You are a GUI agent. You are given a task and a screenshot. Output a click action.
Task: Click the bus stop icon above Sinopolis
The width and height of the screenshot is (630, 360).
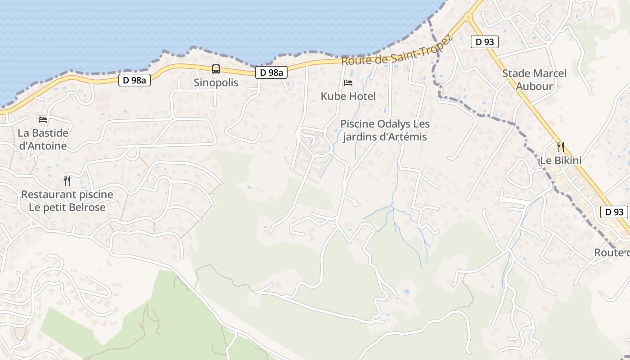216,69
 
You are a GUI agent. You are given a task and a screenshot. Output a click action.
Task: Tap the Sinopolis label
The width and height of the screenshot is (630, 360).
216,83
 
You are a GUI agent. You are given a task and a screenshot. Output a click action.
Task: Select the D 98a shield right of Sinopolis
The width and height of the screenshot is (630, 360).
271,72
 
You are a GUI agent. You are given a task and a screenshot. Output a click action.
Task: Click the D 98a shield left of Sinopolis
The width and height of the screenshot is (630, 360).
134,81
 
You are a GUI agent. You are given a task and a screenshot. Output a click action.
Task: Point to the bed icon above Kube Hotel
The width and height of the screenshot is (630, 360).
348,83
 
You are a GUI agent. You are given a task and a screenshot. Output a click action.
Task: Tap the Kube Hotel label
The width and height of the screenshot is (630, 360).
348,96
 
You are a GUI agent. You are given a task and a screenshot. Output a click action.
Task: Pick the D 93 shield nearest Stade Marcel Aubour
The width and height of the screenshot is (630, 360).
485,42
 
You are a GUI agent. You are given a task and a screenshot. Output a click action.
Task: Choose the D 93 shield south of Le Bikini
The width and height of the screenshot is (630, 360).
614,212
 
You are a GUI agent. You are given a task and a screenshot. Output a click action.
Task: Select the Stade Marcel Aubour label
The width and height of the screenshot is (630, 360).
534,80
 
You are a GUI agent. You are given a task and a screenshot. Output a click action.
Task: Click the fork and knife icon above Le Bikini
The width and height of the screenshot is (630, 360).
560,147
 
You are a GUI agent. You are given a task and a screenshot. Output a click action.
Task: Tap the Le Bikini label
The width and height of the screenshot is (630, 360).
561,161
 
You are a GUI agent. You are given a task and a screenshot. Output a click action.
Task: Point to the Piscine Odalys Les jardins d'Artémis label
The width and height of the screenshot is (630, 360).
385,130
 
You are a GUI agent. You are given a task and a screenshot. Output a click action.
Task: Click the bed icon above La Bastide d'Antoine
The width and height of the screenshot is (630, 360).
43,120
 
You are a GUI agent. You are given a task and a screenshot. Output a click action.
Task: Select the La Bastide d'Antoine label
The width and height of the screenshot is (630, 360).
43,139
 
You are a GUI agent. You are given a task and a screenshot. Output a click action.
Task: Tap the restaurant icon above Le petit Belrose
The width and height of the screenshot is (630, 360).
67,181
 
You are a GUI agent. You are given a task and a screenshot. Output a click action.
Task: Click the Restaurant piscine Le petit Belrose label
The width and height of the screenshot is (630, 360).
67,201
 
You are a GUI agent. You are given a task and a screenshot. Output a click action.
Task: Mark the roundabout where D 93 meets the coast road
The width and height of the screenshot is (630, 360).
468,17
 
